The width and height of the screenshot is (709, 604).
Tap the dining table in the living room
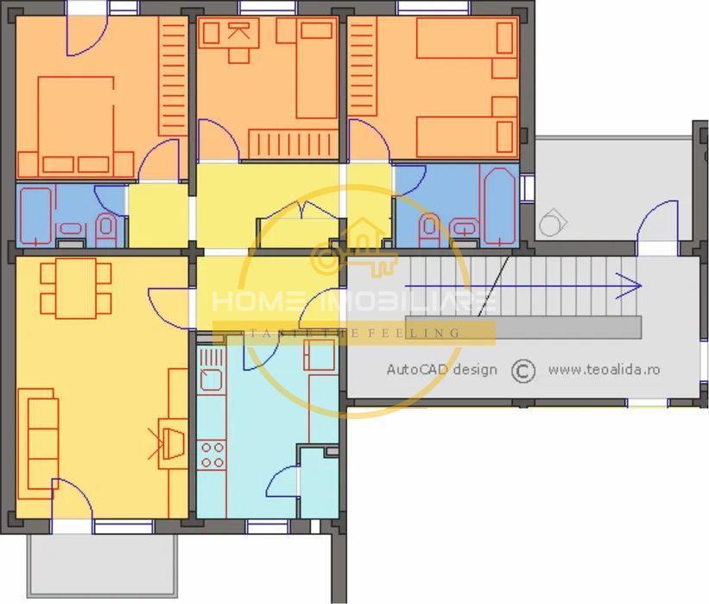[76, 286]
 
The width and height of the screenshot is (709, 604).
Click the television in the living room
[170, 442]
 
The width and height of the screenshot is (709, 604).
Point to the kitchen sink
[211, 378]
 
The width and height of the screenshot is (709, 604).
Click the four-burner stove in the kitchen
[212, 455]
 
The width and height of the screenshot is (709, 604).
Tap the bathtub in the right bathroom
[498, 206]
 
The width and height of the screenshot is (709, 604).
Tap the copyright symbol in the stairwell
[522, 371]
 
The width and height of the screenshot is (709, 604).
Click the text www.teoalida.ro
[604, 370]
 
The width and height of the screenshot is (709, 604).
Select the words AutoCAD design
[441, 370]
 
